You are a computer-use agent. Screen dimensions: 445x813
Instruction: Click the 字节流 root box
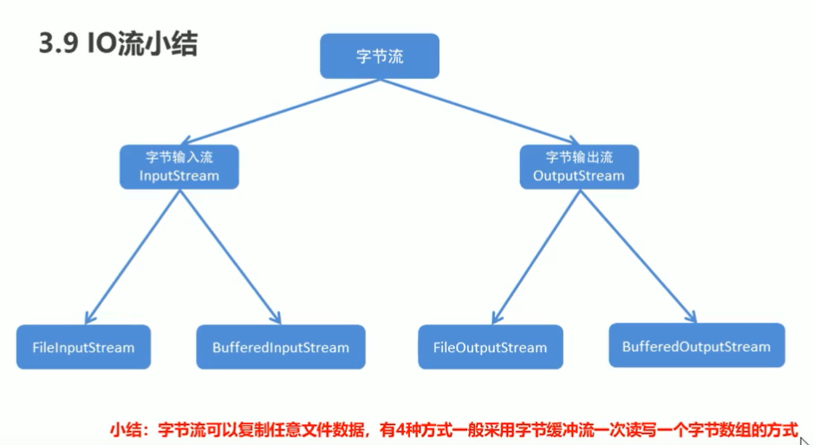point(380,57)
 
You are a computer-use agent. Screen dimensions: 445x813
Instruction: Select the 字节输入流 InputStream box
point(179,167)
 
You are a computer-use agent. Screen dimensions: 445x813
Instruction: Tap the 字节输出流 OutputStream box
point(579,167)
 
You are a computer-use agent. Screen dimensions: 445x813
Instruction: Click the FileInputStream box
point(83,348)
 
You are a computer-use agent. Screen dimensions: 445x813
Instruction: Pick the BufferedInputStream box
point(281,348)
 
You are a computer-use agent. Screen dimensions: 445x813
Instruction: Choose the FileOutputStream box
point(490,348)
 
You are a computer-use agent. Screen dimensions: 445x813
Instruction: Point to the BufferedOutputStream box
point(696,346)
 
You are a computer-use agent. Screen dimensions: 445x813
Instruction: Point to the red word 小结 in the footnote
point(123,429)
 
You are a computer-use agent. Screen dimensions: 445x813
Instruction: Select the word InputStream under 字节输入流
point(179,176)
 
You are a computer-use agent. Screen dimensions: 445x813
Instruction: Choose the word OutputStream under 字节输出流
point(579,176)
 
